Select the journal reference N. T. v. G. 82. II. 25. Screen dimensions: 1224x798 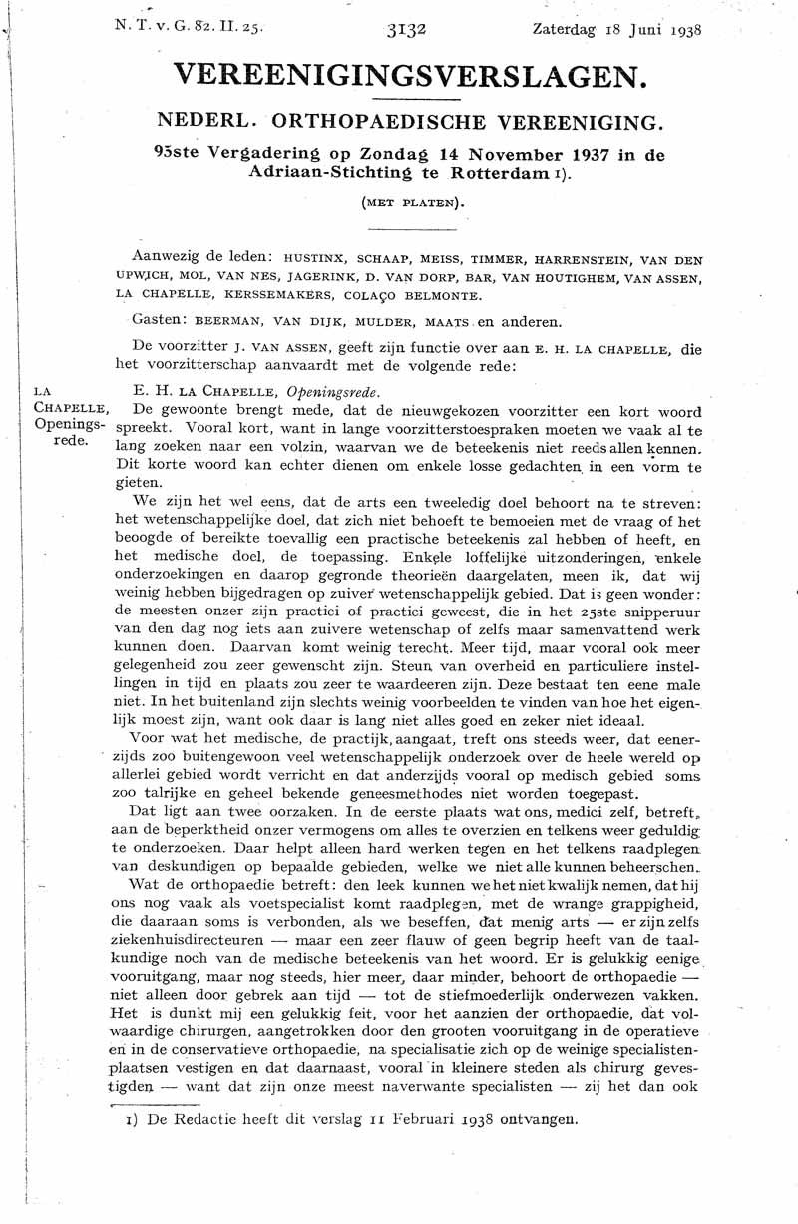click(190, 29)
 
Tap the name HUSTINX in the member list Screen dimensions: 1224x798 click(315, 255)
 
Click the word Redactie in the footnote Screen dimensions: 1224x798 click(203, 1119)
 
